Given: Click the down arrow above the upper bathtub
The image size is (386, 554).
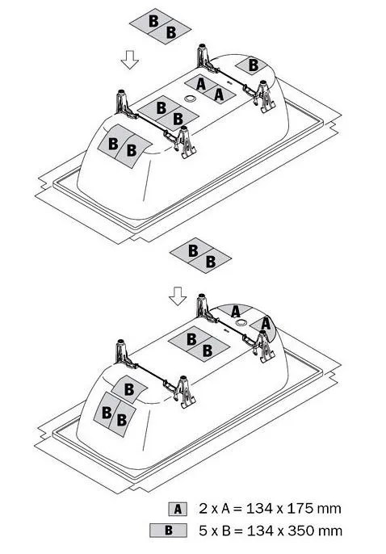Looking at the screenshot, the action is pos(129,60).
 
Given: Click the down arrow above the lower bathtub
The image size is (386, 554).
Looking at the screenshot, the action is pos(178,296).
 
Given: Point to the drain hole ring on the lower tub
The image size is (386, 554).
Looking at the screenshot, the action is pos(241,322).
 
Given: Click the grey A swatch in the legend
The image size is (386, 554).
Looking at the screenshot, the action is pos(178,509).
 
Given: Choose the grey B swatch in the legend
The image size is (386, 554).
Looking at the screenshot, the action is pos(169,531).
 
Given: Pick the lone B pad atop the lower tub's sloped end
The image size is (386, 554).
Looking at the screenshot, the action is pos(129,389).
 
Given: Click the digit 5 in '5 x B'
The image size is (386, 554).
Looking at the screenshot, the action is pos(203,531).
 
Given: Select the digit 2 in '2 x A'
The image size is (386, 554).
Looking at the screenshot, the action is pos(203,509).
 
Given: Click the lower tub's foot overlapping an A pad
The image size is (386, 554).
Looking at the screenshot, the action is pos(263,347).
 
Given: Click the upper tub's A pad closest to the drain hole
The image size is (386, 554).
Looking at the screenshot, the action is pos(200,84).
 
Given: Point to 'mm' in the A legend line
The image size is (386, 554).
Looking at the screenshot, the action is pos(329,509).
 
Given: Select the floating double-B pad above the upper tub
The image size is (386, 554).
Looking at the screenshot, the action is pos(161,27).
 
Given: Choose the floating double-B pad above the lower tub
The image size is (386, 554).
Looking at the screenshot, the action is pos(200,255).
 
